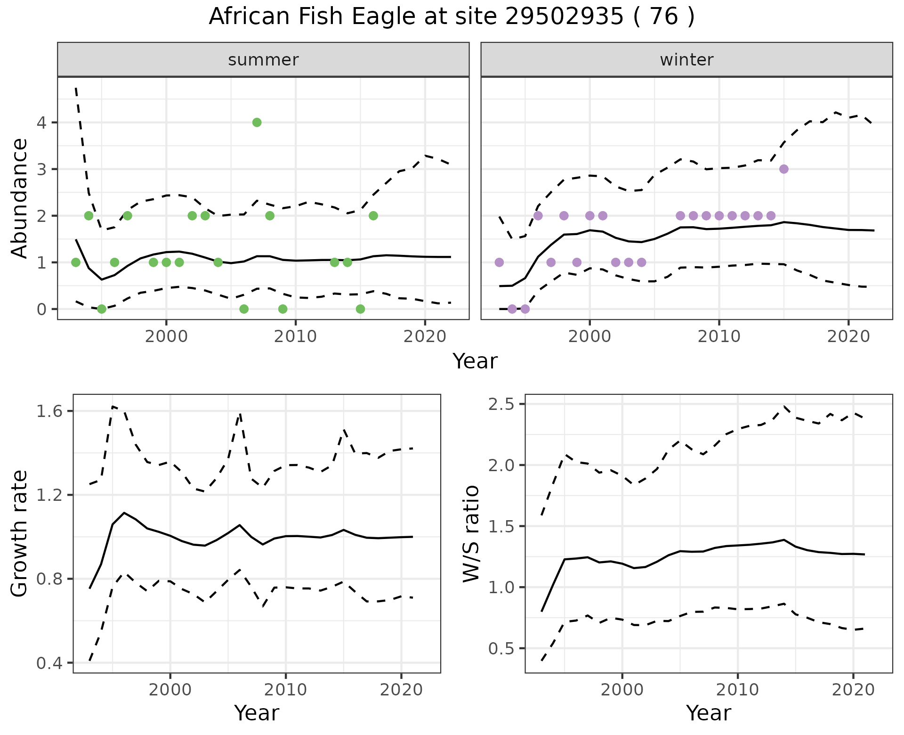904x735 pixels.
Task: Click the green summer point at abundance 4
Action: (257, 122)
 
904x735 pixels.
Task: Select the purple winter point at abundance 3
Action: (783, 169)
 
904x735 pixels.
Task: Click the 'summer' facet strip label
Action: (263, 60)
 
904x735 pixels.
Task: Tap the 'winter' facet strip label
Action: (686, 60)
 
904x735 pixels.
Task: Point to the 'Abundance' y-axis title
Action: (20, 198)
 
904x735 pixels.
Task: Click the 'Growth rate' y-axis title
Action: (20, 534)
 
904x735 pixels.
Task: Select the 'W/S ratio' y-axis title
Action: (471, 534)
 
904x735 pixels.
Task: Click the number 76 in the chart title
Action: (663, 17)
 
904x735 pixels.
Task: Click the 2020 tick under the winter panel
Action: (848, 337)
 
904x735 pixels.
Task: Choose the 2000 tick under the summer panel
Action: (166, 337)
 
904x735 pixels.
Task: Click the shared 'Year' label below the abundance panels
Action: (475, 361)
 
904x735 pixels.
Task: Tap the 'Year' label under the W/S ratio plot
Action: (708, 713)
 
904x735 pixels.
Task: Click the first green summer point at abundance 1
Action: (75, 262)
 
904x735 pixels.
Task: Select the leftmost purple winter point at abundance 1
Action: (499, 262)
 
